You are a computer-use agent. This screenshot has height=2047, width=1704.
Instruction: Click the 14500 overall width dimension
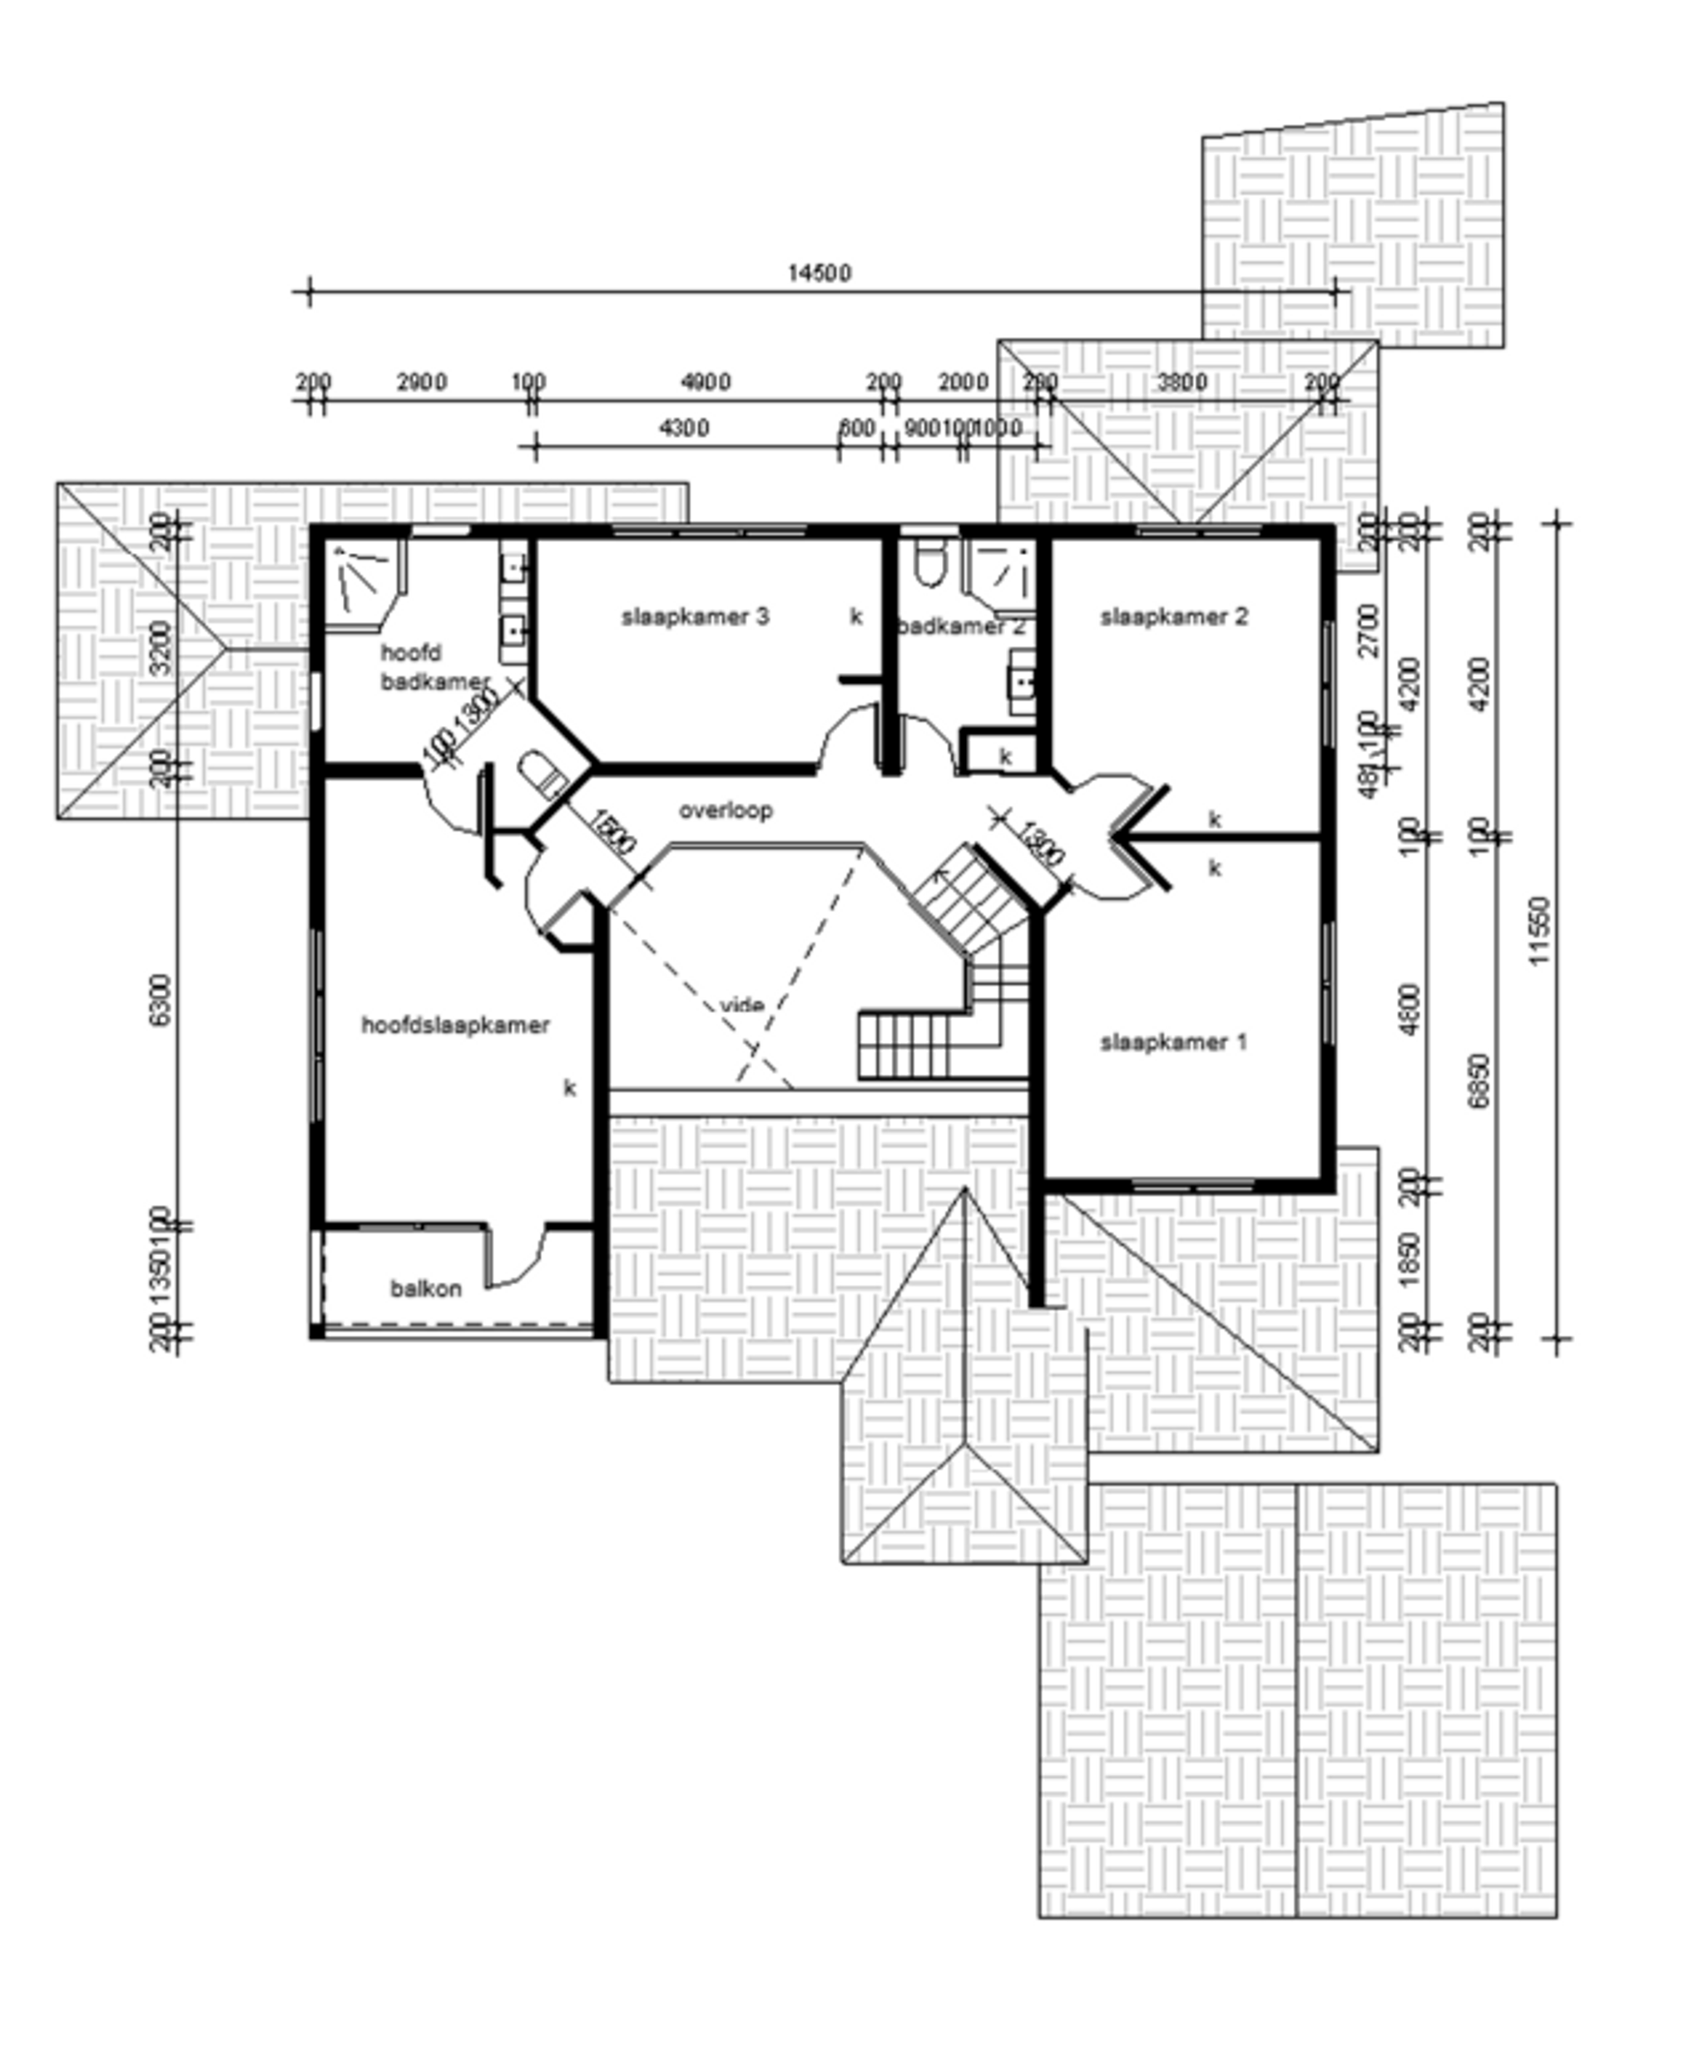819,273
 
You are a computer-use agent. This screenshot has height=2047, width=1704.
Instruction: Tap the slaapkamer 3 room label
695,616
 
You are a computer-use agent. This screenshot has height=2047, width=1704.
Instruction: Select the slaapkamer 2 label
1174,616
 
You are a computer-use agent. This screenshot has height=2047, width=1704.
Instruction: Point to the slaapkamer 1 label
1174,1042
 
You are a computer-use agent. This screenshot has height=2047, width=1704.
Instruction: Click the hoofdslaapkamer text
455,1025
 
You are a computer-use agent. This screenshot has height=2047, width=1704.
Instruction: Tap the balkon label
426,1288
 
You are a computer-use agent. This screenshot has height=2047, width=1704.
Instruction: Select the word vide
742,1004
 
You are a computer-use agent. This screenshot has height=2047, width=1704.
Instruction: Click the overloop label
726,810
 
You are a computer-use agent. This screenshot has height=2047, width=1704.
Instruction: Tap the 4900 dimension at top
705,382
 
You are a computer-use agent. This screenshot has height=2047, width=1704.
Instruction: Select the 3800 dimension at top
1181,382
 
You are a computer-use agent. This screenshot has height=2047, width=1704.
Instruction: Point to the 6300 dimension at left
161,999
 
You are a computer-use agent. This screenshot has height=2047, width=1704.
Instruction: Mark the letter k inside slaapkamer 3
856,616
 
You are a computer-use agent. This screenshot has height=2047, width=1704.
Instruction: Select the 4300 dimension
684,428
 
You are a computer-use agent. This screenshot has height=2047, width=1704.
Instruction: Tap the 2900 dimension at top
421,382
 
